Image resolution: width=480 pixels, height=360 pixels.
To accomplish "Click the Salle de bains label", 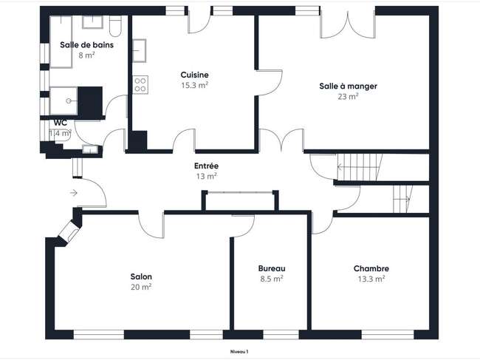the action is click(x=86, y=45).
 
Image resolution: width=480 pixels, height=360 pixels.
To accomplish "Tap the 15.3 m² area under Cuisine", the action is click(x=195, y=85).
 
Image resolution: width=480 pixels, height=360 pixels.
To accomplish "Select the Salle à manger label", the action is click(x=348, y=86).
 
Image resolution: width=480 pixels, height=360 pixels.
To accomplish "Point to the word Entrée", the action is click(x=206, y=166).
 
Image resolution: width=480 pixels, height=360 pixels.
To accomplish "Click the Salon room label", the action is click(x=141, y=276).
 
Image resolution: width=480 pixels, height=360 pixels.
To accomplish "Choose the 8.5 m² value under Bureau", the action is click(x=272, y=279).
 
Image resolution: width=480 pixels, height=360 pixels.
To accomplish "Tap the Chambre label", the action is click(x=371, y=268).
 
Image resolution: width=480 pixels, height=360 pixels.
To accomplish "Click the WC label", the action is click(x=61, y=123).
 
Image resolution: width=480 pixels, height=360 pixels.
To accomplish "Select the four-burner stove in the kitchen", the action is click(x=140, y=84).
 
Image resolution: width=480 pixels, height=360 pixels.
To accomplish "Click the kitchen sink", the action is click(x=140, y=50).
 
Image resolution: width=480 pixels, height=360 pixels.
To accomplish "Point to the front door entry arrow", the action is click(x=73, y=193).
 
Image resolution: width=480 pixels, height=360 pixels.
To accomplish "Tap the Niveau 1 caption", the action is click(x=239, y=352).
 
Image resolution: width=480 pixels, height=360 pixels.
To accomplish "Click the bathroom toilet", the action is click(x=115, y=26).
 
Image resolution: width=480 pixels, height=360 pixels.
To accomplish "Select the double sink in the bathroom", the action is click(x=92, y=22).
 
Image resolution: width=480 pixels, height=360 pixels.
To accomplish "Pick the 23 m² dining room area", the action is click(x=348, y=97).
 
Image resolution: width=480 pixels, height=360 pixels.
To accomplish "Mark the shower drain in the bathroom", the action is click(x=69, y=101).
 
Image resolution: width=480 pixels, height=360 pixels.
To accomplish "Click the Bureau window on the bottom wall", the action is click(x=281, y=335).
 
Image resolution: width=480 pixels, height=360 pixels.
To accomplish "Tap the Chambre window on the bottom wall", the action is click(x=388, y=335).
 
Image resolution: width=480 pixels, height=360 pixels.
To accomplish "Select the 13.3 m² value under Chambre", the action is click(x=371, y=279).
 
